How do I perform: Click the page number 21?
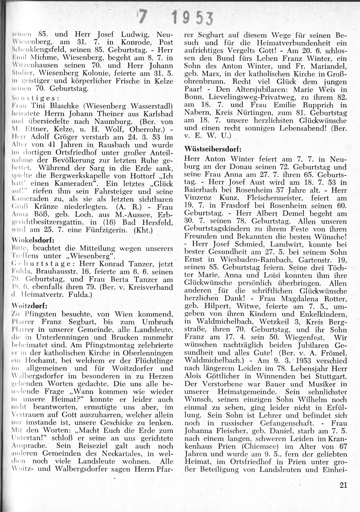coord(343,485)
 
